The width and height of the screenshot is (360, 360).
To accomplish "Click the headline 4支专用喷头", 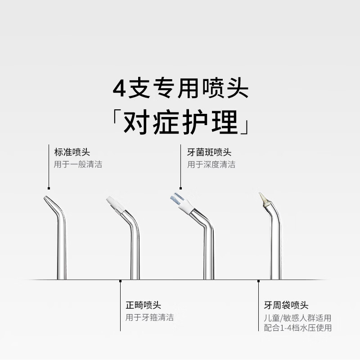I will [180, 88].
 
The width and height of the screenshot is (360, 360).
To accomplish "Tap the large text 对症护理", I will [180, 121].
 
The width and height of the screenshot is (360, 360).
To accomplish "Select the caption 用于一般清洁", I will [78, 164].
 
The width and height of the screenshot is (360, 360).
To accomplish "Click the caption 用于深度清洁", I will [211, 164].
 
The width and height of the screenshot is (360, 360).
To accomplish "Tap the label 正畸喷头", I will [143, 305].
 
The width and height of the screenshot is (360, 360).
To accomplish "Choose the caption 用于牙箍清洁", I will [149, 317].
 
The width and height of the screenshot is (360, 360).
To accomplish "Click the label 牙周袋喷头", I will [286, 305].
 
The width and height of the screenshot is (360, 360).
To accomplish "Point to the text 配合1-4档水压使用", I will [297, 328].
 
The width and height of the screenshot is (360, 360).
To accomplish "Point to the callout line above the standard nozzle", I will [49, 166].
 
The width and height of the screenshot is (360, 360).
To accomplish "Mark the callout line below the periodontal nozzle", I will [258, 306].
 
